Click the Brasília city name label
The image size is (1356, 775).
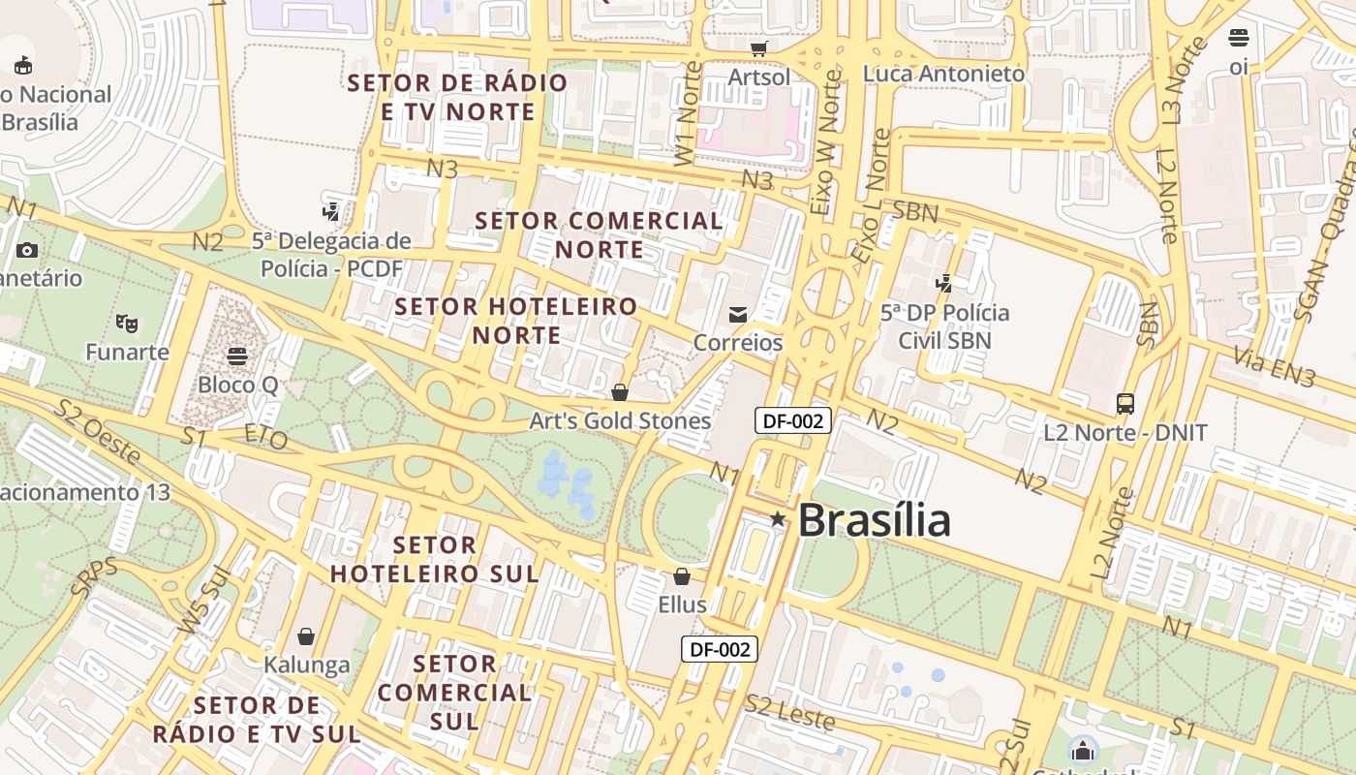coord(874,520)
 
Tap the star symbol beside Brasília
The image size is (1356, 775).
coord(778,519)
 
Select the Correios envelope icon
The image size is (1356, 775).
coord(738,314)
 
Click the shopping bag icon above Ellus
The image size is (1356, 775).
coord(682,577)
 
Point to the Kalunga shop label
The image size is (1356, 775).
coord(307,665)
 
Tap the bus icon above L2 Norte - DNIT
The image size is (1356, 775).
coord(1125,403)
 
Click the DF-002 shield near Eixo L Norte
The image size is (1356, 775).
coord(792,420)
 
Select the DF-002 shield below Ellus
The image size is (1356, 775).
coord(719,649)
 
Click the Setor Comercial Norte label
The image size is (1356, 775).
coord(600,234)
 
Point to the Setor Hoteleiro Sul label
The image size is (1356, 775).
coord(435,559)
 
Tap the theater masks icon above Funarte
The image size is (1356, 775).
coord(126,323)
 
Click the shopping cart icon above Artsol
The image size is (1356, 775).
coord(759,47)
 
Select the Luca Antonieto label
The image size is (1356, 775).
coord(943,74)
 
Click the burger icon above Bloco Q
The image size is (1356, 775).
coord(237,356)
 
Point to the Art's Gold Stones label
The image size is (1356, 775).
coord(620,420)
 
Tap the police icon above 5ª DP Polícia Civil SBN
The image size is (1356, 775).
coord(944,284)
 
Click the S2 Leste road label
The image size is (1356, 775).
coord(789,712)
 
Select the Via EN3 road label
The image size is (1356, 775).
coord(1274,368)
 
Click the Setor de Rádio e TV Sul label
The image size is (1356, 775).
coord(257,719)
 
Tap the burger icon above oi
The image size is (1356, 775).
coord(1238,38)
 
